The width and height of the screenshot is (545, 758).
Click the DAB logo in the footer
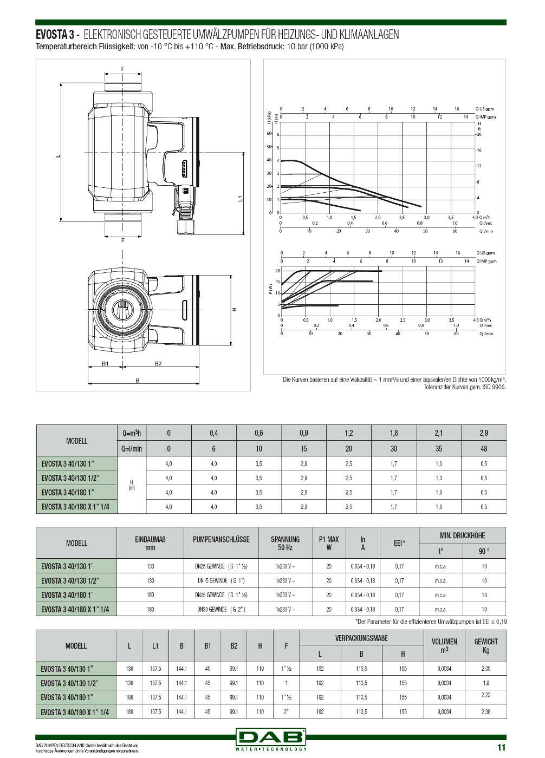coord(271,737)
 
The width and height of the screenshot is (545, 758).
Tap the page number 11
coord(501,748)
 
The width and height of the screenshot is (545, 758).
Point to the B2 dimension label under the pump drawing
coord(158,363)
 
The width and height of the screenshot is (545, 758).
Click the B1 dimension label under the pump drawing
coord(106,363)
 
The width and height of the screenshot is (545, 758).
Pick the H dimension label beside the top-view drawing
coord(235,310)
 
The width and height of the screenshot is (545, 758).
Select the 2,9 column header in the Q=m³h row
coord(483,433)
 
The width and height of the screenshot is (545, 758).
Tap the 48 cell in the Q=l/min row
coord(483,449)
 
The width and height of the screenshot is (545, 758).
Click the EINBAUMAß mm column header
coord(150,543)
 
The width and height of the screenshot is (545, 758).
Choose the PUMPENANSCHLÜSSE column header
coord(221,539)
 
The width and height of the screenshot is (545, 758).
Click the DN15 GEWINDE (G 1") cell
coord(221,580)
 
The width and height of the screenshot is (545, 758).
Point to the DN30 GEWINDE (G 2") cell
coord(221,609)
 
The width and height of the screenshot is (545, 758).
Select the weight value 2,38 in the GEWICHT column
coord(485,711)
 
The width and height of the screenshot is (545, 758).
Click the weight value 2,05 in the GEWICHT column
coord(485,669)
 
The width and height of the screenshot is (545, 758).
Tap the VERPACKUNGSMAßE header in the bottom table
coord(361,638)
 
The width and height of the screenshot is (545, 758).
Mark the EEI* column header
coord(399,543)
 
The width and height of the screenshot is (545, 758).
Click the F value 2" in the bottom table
coord(286,712)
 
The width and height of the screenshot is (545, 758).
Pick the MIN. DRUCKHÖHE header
coord(462,535)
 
